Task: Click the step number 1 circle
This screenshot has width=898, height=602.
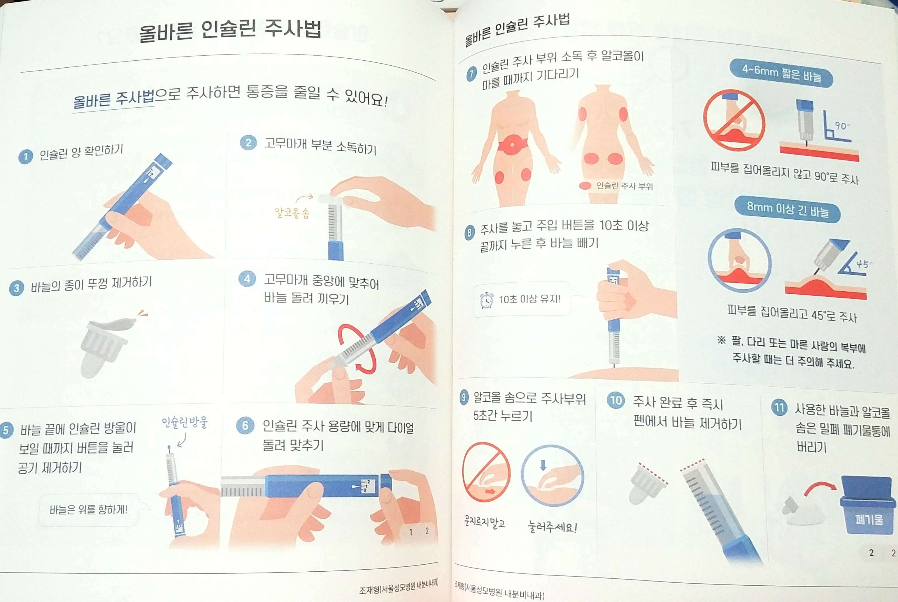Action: click(x=25, y=157)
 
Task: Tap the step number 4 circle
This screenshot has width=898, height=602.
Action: click(x=247, y=279)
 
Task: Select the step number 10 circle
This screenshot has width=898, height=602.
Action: click(x=616, y=400)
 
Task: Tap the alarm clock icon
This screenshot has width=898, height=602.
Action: click(x=487, y=300)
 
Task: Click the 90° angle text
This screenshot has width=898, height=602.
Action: click(x=842, y=126)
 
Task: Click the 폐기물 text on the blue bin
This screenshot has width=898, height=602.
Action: click(x=869, y=520)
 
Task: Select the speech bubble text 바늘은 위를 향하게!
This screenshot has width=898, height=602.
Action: click(x=88, y=510)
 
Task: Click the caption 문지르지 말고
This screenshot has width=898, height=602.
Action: click(x=485, y=522)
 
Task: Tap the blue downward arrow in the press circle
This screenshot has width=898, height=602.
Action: click(x=543, y=465)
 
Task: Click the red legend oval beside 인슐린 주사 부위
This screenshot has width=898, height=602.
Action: click(x=585, y=186)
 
